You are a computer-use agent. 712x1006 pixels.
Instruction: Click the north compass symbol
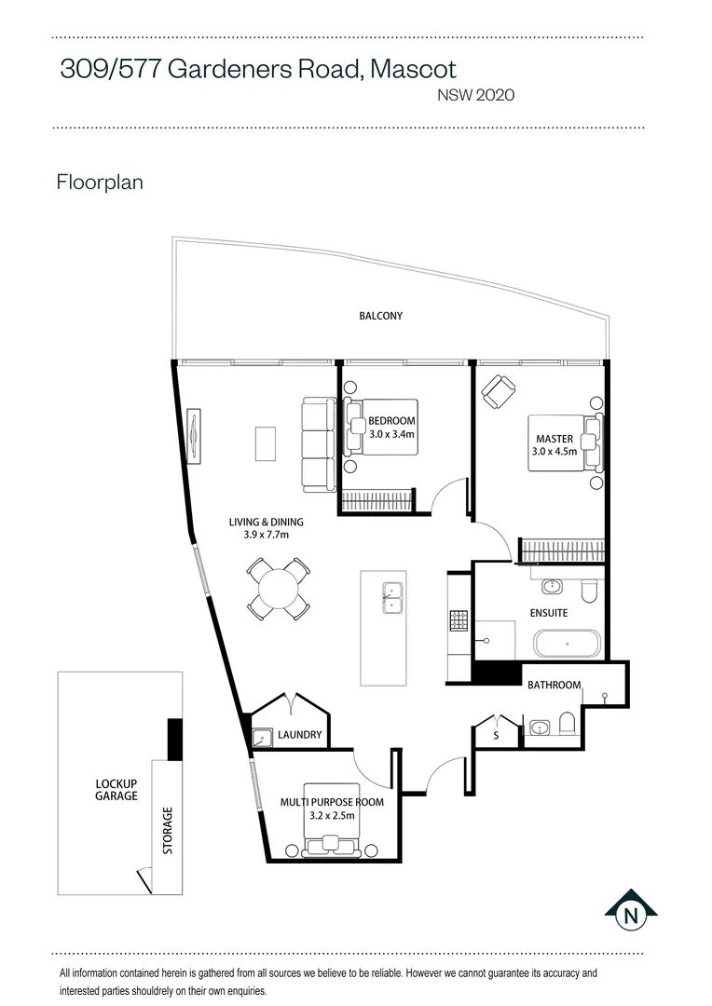pyautogui.click(x=631, y=912)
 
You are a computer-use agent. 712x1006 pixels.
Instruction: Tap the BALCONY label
pyautogui.click(x=381, y=316)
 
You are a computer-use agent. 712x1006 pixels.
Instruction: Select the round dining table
pyautogui.click(x=279, y=589)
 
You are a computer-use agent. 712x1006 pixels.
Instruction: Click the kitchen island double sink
pyautogui.click(x=392, y=597)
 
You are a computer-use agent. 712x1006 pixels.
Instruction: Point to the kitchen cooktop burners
pyautogui.click(x=459, y=620)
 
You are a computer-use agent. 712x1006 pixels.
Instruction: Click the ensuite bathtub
pyautogui.click(x=567, y=644)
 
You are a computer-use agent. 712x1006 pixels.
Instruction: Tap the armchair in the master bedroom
pyautogui.click(x=499, y=391)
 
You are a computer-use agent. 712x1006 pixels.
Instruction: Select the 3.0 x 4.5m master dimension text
pyautogui.click(x=555, y=451)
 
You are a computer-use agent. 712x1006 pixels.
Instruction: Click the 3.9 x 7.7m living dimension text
pyautogui.click(x=266, y=535)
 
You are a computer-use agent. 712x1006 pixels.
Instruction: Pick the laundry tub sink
pyautogui.click(x=262, y=739)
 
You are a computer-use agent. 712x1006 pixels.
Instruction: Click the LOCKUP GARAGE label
pyautogui.click(x=116, y=790)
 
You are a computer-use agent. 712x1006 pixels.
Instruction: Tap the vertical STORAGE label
pyautogui.click(x=168, y=831)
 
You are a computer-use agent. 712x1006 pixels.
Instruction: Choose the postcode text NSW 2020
pyautogui.click(x=475, y=95)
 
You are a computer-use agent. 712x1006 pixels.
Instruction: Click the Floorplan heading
pyautogui.click(x=100, y=183)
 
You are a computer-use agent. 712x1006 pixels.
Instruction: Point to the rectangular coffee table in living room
pyautogui.click(x=266, y=444)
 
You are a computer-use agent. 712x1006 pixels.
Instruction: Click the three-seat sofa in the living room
pyautogui.click(x=319, y=445)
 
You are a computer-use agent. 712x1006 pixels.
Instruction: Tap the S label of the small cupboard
pyautogui.click(x=496, y=735)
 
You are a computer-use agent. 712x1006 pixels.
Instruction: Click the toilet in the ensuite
pyautogui.click(x=589, y=591)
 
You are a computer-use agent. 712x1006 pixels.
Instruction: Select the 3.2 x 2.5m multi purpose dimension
pyautogui.click(x=332, y=816)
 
